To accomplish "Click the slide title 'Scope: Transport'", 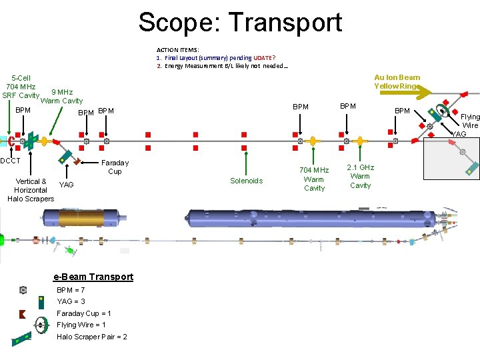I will (240, 22).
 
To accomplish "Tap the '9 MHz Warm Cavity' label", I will (62, 97).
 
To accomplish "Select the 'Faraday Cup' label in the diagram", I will (115, 167).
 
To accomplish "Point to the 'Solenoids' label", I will (246, 181).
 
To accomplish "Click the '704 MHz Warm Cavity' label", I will (314, 179).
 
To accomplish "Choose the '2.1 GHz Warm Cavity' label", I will (360, 176).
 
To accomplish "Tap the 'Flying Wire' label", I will (471, 121).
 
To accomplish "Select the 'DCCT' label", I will (11, 161).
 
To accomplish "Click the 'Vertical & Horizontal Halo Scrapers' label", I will (31, 190).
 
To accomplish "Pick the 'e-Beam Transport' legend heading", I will (93, 277).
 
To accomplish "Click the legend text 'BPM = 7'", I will (71, 290).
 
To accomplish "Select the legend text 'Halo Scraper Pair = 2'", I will (92, 337).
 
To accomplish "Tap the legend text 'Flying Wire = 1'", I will (81, 325).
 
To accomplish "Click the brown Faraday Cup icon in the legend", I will (23, 314).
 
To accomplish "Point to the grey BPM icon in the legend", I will (23, 290).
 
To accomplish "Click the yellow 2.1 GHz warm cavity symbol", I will (360, 141).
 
